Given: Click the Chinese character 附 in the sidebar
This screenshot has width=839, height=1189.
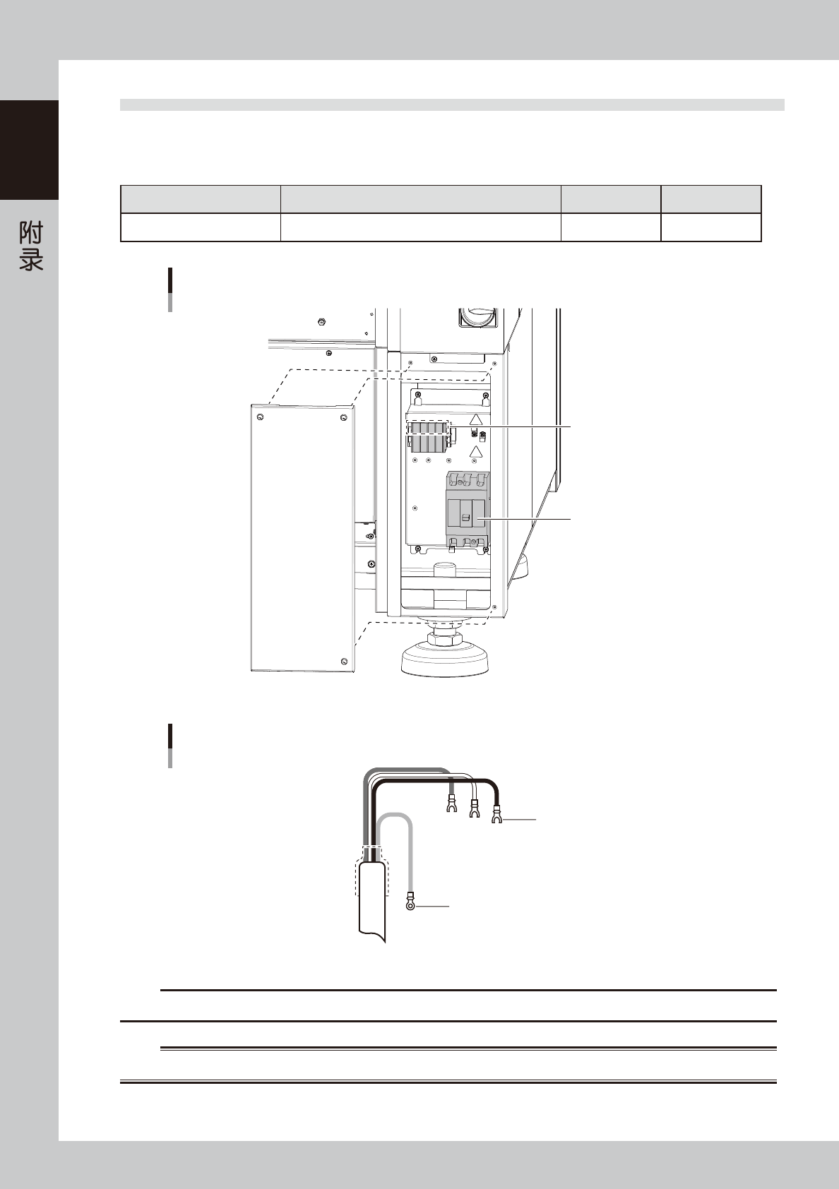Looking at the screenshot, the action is point(31,234).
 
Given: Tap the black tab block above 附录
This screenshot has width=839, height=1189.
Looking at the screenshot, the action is point(29,150).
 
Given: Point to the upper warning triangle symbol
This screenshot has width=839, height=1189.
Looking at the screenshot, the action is point(476,419).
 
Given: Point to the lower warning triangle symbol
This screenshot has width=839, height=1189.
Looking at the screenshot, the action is point(476,452).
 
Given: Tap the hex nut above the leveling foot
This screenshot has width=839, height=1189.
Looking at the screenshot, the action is point(444,633).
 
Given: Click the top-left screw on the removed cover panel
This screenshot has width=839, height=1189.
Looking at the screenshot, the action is point(259,417).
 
